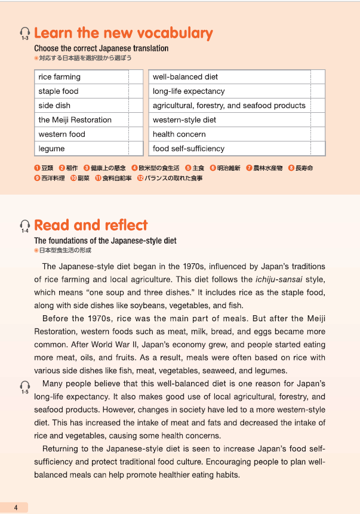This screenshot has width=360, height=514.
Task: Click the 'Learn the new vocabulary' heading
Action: pos(124,33)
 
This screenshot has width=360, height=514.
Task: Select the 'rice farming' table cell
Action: pos(59,77)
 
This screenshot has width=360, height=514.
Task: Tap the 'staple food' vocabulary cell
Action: pos(59,91)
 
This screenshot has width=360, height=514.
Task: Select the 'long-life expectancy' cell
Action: pos(189,91)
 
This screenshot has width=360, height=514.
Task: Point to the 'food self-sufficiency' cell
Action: pos(189,149)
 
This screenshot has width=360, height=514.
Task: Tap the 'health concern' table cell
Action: pos(179,134)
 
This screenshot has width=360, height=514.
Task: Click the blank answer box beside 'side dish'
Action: pos(136,106)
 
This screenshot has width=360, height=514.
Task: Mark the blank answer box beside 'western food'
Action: pos(136,134)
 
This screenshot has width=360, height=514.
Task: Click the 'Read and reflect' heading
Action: pos(91,225)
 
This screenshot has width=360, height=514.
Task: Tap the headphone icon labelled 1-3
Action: pos(24,33)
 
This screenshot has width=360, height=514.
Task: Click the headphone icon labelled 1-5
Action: pos(24,386)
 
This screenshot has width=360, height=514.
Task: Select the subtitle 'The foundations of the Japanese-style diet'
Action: pos(105,241)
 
